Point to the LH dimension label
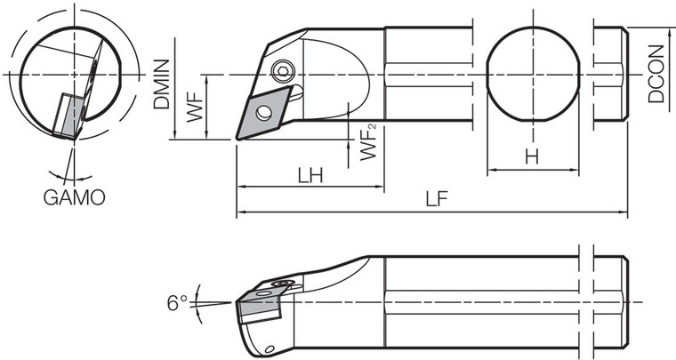310,175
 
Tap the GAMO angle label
75,196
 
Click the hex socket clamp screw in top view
284,72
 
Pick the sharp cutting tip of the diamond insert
237,138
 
